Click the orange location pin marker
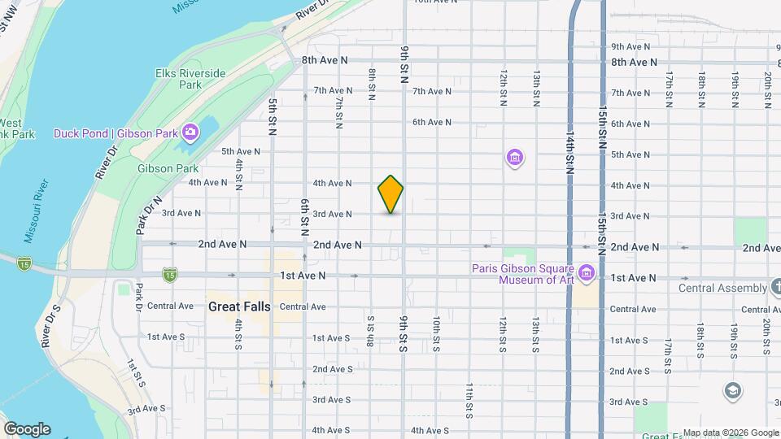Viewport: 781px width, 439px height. tap(390, 193)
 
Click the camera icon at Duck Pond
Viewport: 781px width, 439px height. tap(190, 132)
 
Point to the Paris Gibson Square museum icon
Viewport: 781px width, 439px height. tap(587, 270)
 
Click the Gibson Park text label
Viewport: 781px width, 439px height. tap(168, 168)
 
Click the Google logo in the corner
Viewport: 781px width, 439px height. tap(27, 428)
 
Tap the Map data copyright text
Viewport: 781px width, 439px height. tap(729, 432)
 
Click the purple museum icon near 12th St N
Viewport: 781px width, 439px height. tap(513, 156)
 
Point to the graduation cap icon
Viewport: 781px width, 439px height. tap(732, 391)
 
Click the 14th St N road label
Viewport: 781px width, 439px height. tap(569, 154)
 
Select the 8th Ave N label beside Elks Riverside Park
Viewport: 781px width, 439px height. tap(324, 60)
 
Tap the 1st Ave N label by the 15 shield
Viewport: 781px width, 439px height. tap(303, 276)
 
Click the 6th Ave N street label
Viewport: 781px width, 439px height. tap(431, 122)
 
